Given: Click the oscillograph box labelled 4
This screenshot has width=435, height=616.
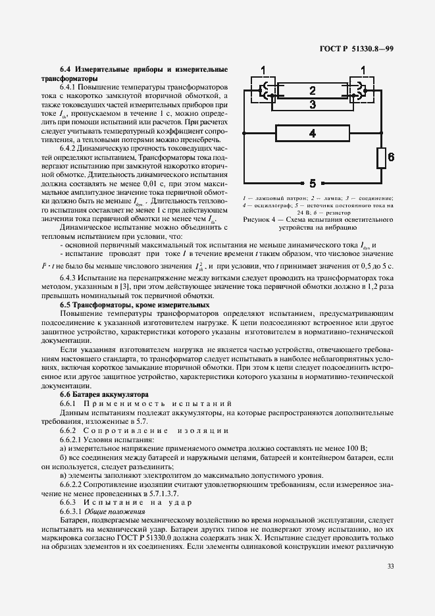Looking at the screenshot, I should coord(312,134).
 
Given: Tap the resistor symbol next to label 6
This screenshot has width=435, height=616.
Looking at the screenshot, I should coord(380,158).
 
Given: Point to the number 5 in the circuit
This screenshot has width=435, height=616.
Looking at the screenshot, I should coord(313,183).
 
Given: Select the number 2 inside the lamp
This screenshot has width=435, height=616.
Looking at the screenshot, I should coord(312,90).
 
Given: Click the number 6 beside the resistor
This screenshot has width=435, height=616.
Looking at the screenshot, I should coord(390,157).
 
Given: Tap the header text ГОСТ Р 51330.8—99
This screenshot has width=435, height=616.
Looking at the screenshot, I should coord(357,49).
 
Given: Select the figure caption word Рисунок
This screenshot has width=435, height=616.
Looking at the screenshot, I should coord(257,220).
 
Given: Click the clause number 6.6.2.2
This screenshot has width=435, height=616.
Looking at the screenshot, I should coord(72,484).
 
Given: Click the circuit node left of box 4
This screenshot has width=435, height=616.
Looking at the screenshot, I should coord(244,134).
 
